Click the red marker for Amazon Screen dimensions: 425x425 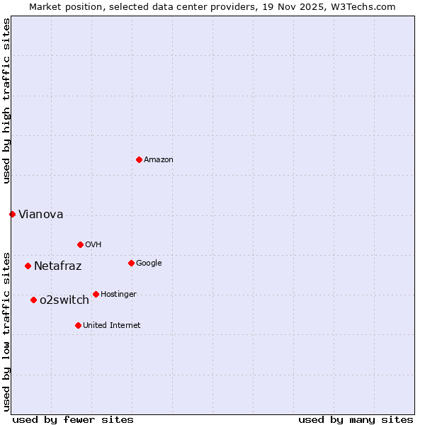[x=139, y=159]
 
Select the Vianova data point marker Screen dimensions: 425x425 [x=12, y=214]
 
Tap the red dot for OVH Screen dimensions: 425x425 [x=80, y=244]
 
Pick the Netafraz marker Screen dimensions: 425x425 [x=28, y=266]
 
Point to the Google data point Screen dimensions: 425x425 [x=131, y=263]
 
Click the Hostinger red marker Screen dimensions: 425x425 [x=96, y=294]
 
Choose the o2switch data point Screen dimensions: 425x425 [x=33, y=300]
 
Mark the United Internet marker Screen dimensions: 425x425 [x=78, y=325]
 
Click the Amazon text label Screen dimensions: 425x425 [x=159, y=160]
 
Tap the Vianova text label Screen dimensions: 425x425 [x=40, y=215]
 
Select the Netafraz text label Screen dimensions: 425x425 [x=57, y=266]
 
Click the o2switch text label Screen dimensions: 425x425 [x=64, y=300]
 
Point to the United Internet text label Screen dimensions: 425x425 [x=112, y=326]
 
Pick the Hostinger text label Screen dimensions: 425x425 [x=118, y=295]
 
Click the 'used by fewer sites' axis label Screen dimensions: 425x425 [x=73, y=419]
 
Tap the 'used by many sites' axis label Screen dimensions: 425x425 [x=356, y=419]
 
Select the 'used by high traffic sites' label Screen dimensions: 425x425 [x=6, y=101]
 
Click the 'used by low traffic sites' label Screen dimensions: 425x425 [x=6, y=331]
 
